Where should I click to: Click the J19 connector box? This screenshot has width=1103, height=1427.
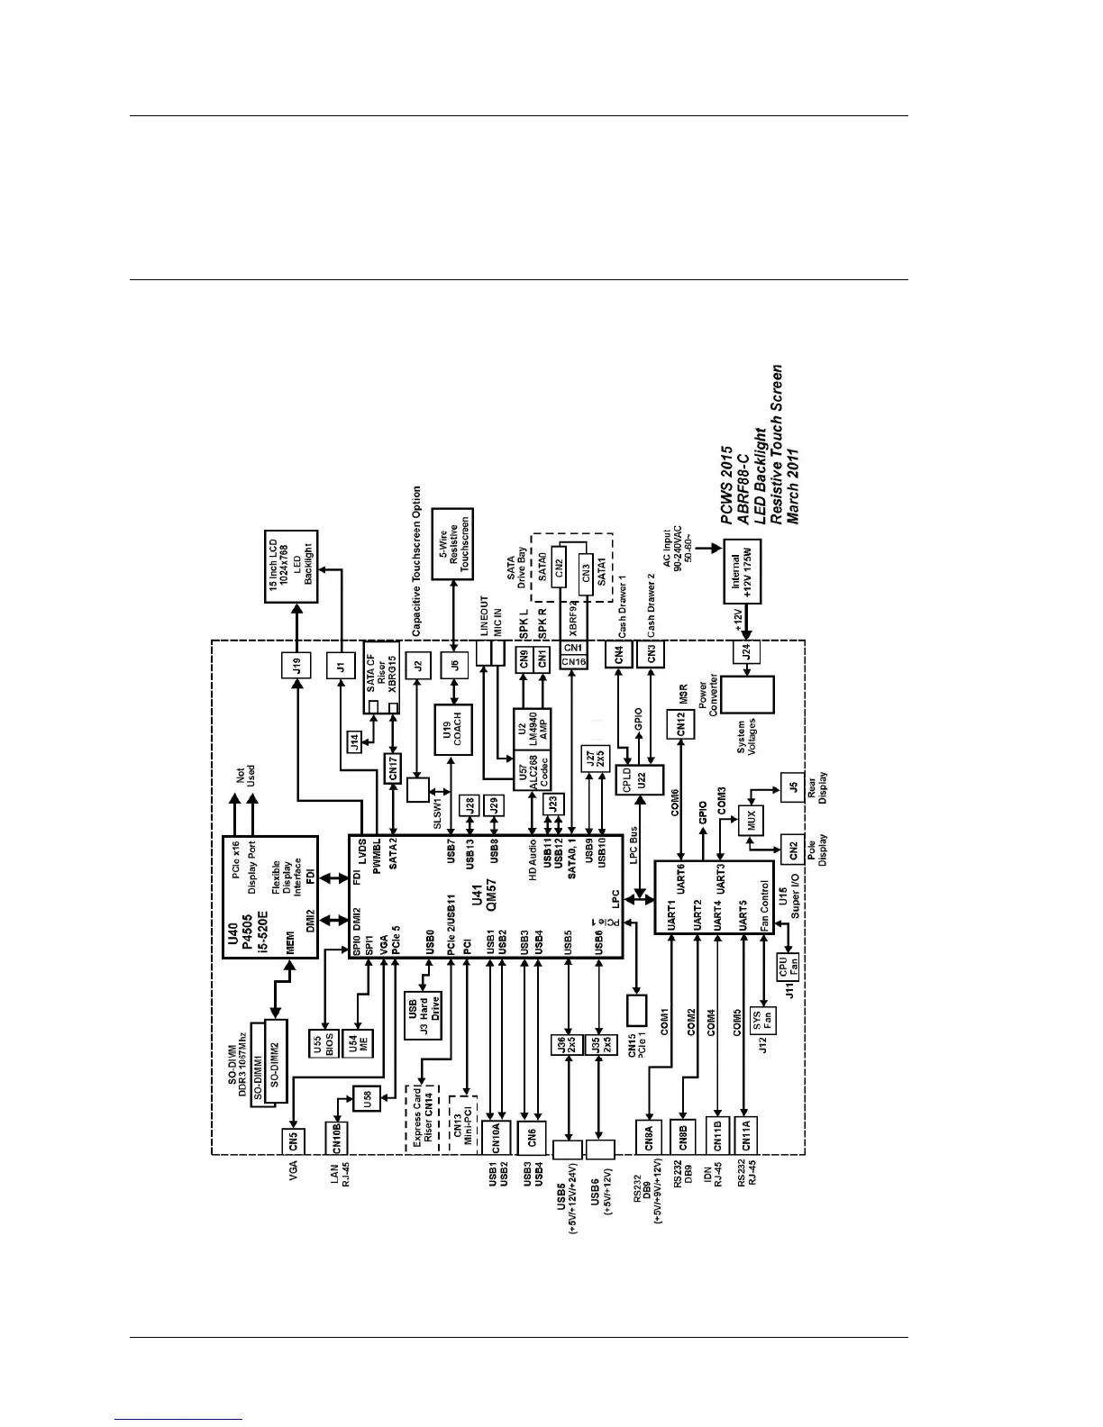coord(296,666)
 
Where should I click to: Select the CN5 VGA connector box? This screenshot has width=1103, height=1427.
coord(293,1141)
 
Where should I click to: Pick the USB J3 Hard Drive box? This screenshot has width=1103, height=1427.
coord(423,1013)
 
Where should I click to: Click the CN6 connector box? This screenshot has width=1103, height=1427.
coord(532,1138)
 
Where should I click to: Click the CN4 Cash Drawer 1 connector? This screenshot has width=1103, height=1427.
coord(619,655)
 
